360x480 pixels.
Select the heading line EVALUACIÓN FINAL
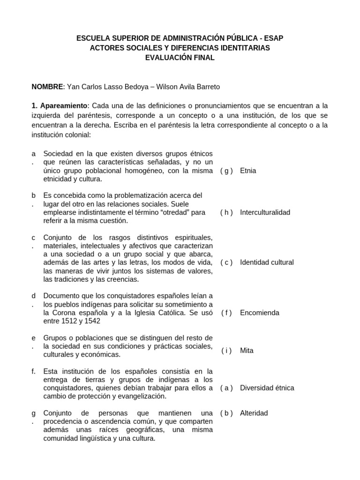pyautogui.click(x=180, y=58)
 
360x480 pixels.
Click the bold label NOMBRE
pyautogui.click(x=47, y=87)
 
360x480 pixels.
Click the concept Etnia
pyautogui.click(x=248, y=171)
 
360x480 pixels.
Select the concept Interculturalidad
pyautogui.click(x=265, y=212)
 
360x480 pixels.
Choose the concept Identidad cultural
pyautogui.click(x=267, y=262)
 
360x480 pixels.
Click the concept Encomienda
pyautogui.click(x=260, y=312)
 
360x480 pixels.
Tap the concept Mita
pyautogui.click(x=247, y=351)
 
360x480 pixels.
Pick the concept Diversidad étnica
pyautogui.click(x=267, y=388)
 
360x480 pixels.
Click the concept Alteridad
pyautogui.click(x=254, y=413)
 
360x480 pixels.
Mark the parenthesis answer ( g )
pyautogui.click(x=226, y=171)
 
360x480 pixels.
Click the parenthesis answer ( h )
pyautogui.click(x=226, y=212)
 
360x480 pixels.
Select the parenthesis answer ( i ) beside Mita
pyautogui.click(x=227, y=351)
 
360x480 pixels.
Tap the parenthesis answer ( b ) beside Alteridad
pyautogui.click(x=226, y=413)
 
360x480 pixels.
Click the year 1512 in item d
pyautogui.click(x=71, y=321)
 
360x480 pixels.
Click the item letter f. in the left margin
pyautogui.click(x=34, y=371)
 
